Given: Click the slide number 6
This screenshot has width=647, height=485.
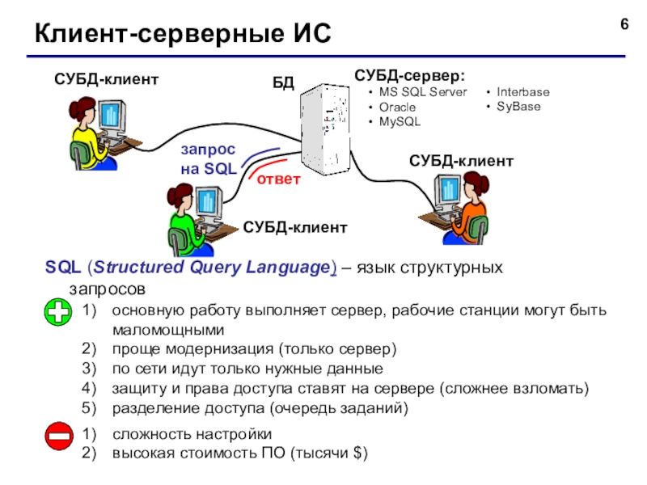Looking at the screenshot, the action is (x=624, y=24).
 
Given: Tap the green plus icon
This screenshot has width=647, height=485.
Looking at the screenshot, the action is (x=57, y=312).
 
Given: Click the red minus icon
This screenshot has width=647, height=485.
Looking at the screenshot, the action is (x=59, y=436).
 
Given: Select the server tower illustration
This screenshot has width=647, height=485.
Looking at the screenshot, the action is (x=326, y=129).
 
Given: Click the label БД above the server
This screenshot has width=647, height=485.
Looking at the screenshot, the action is (x=283, y=83).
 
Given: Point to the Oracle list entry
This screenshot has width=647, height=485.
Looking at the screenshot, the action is (x=397, y=108).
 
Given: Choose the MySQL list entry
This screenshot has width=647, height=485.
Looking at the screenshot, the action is (x=400, y=122).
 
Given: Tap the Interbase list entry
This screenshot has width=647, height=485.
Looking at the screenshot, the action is (x=522, y=92).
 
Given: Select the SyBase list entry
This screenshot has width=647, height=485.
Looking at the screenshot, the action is (x=518, y=107).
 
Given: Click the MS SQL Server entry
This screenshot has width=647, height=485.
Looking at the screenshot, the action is (x=423, y=92).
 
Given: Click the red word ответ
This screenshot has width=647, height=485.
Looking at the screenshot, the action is (x=278, y=179).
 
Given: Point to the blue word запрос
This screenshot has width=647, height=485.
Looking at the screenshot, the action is (x=208, y=150).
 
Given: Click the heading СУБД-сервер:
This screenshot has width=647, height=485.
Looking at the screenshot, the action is (x=409, y=75).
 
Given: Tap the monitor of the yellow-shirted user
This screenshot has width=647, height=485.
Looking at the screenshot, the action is (x=112, y=115).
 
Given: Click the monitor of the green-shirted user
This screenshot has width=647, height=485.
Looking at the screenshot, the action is (x=209, y=202).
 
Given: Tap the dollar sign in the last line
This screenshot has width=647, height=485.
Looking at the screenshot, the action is (x=357, y=453).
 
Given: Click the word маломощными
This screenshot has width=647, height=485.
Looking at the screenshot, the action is (x=168, y=331).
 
